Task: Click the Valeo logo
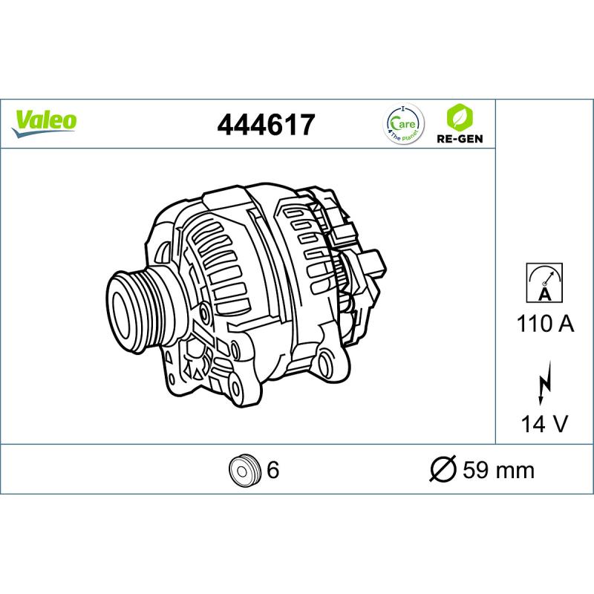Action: click(44, 123)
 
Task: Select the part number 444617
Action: click(266, 125)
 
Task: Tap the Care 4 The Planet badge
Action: click(403, 123)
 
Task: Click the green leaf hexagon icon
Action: click(460, 117)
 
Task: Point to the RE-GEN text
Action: click(460, 139)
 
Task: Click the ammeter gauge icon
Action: click(544, 283)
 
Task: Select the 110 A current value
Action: click(545, 324)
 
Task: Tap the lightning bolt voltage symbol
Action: click(544, 382)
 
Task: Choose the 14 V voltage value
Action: click(544, 423)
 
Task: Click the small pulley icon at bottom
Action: click(245, 470)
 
